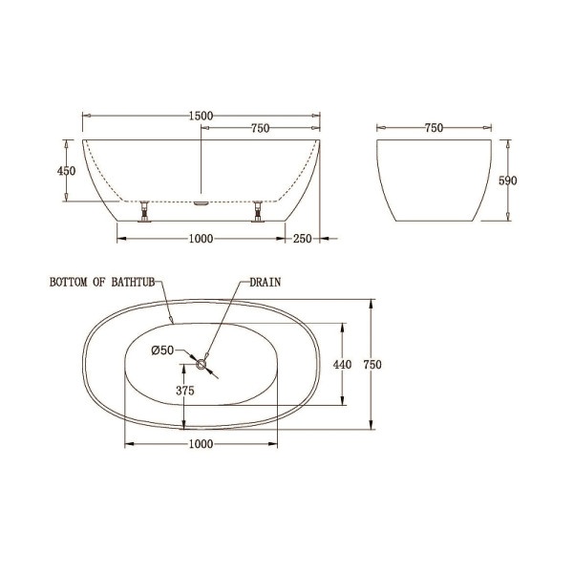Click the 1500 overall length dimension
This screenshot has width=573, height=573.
200,116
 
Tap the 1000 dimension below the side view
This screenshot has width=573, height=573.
200,239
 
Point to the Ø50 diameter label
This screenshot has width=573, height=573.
161,350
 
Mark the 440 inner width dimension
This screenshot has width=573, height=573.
343,364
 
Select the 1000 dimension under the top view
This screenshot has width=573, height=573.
200,445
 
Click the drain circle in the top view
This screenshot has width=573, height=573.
201,363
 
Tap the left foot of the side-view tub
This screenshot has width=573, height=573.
144,211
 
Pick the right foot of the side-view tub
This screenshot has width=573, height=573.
256,211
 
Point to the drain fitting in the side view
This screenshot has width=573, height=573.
201,202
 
